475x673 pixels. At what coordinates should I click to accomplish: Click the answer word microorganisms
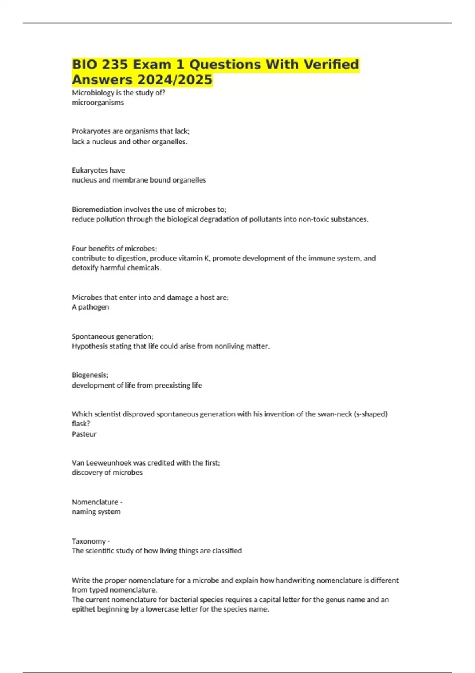pos(98,103)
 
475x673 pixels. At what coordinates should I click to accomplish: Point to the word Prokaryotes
pos(91,131)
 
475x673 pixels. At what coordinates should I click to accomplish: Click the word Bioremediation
pos(97,209)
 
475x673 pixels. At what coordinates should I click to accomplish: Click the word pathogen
pos(93,307)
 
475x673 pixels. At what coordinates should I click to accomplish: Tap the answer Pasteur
pos(84,434)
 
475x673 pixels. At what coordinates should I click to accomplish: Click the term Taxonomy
pos(89,541)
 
